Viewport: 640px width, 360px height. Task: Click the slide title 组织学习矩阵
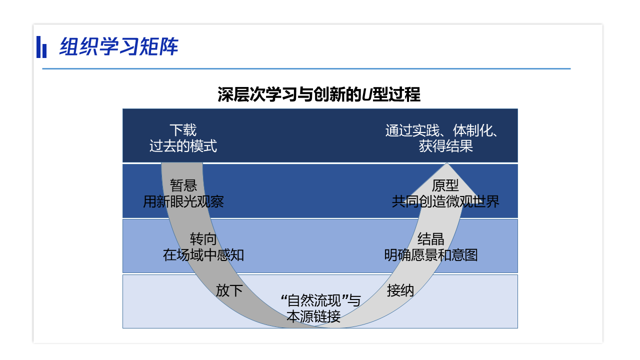point(119,46)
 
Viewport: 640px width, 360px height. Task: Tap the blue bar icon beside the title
point(41,47)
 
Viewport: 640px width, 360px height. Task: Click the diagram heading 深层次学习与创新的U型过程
point(319,94)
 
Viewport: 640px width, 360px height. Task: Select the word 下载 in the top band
point(183,130)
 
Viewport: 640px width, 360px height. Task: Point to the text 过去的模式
point(183,146)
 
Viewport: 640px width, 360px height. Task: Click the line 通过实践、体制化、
point(442,130)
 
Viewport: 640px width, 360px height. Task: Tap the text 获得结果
point(446,146)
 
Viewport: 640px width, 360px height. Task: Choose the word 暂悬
point(183,185)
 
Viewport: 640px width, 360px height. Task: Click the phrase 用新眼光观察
point(183,201)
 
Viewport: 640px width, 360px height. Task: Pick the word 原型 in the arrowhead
point(445,185)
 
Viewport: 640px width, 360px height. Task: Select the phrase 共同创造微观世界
point(445,201)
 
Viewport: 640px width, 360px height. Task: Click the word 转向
point(203,239)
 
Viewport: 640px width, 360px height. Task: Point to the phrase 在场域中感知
point(203,255)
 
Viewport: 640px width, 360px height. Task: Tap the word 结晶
point(431,239)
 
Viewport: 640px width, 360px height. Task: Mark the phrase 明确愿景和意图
point(431,255)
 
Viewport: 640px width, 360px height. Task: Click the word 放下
point(229,290)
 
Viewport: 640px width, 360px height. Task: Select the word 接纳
point(400,290)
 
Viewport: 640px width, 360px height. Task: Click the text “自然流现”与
point(320,300)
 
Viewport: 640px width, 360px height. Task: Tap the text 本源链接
point(313,316)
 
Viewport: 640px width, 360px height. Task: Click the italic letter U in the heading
point(367,94)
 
